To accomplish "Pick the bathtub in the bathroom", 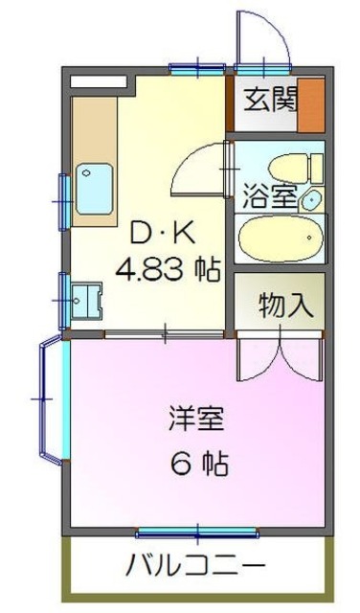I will point(280,238).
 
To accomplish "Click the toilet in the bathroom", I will point(288,167).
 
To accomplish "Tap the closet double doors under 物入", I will point(278,358).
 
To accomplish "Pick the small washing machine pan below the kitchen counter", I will point(87,299).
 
